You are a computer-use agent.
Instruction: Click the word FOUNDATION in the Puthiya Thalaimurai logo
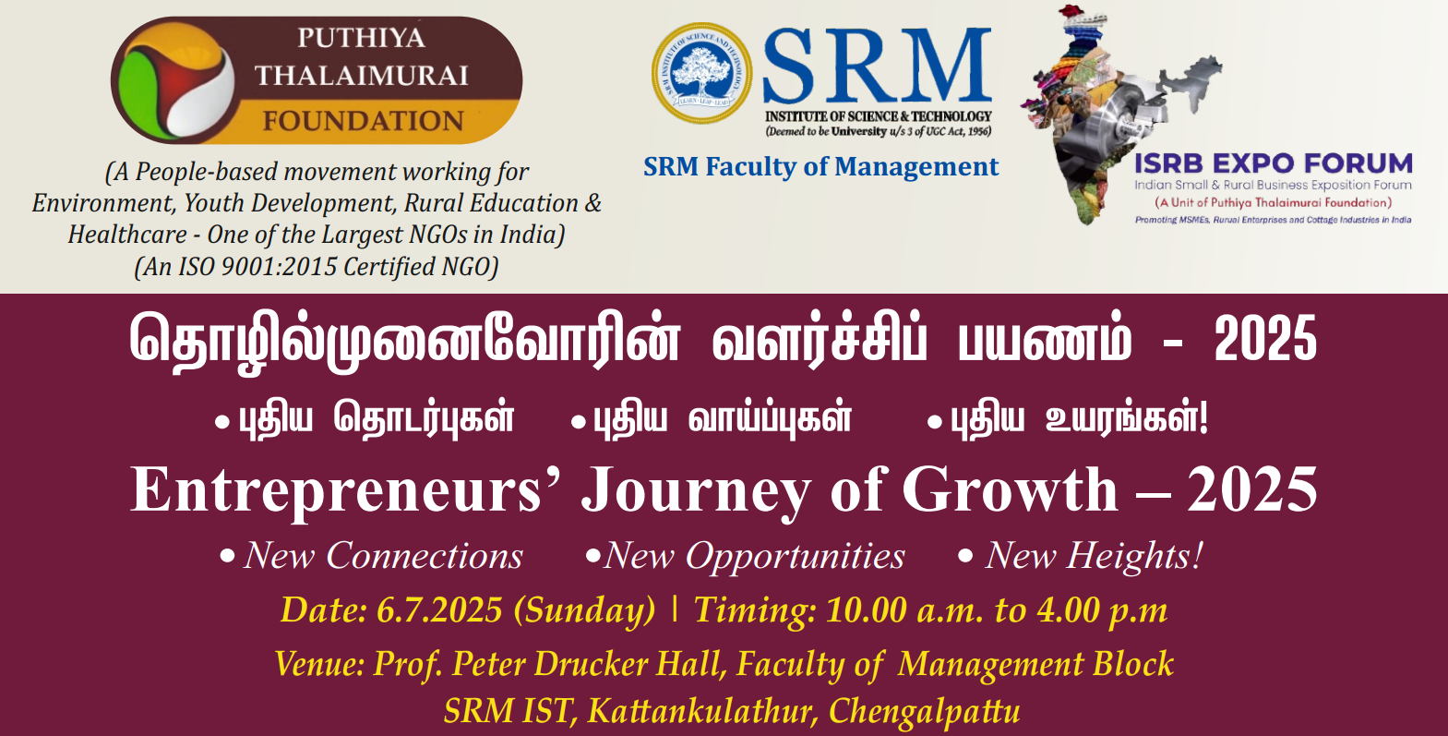(363, 121)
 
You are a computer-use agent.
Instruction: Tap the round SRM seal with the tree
(701, 73)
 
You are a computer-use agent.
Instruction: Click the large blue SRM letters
(878, 66)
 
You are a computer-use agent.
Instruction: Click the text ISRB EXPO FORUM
(1274, 163)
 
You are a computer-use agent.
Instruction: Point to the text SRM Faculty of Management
(821, 167)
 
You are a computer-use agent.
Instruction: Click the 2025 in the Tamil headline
(1265, 339)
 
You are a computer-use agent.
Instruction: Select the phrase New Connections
(383, 556)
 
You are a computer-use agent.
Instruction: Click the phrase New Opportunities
(754, 557)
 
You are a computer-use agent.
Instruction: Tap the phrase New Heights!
(1093, 556)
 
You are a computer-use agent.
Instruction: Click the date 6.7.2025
(439, 609)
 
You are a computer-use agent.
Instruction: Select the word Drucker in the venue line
(591, 664)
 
